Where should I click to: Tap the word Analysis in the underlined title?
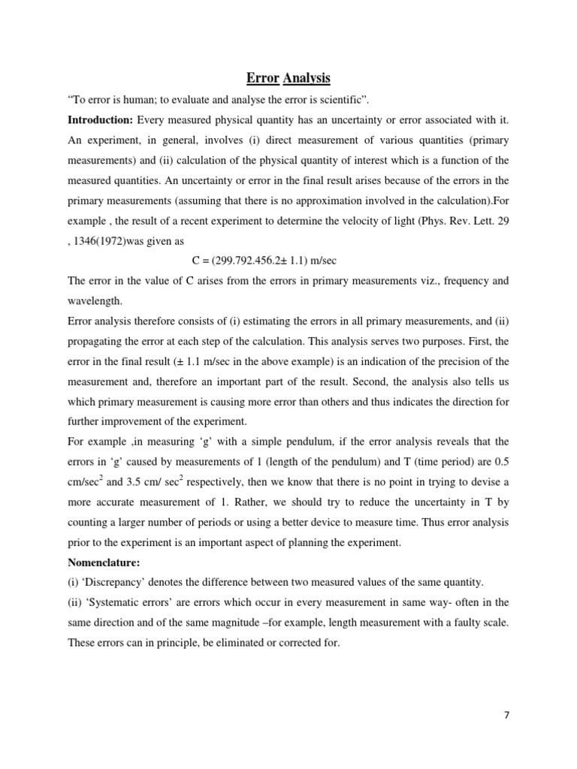click(x=307, y=78)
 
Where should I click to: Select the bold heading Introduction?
click(x=100, y=120)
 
